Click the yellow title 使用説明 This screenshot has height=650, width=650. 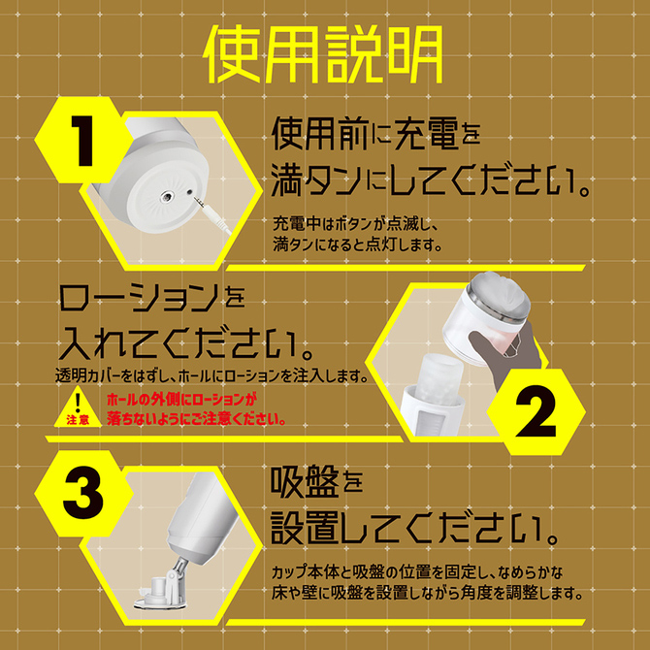(x=323, y=54)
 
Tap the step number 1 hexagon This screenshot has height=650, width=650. (x=82, y=140)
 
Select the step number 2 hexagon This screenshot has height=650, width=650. (x=536, y=411)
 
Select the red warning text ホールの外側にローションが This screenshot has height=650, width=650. (x=179, y=400)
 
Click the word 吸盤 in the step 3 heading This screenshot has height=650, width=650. (x=304, y=482)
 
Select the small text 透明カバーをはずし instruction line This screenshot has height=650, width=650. (x=212, y=376)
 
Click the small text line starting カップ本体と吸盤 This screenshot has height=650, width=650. (x=417, y=573)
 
